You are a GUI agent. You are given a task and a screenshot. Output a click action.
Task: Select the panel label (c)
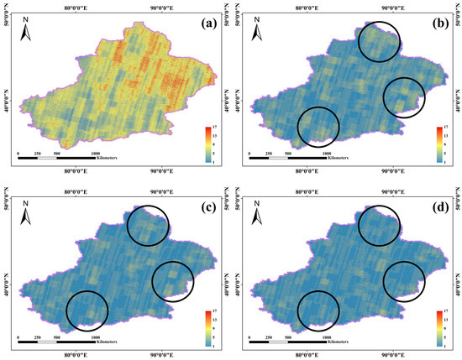point(202,207)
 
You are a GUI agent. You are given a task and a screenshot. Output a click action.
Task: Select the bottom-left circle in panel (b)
point(319,127)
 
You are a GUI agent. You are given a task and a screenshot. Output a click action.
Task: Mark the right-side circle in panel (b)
point(405,97)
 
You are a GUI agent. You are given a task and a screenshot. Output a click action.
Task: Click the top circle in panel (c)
point(148,224)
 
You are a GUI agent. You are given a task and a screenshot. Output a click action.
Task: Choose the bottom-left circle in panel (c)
point(87,310)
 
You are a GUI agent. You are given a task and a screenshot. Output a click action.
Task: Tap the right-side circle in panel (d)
point(405,280)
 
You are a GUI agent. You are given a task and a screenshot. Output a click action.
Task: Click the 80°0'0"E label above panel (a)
point(88,6)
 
